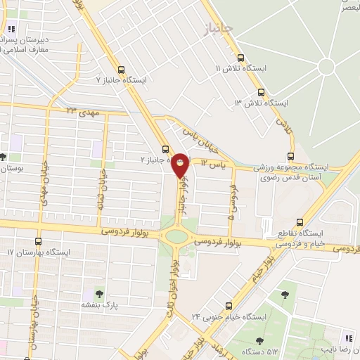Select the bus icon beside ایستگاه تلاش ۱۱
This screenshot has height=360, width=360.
click(240, 58)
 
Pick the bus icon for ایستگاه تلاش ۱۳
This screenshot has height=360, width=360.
click(261, 92)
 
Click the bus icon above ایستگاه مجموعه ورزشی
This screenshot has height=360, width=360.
click(291, 157)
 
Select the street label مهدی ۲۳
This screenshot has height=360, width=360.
click(84, 112)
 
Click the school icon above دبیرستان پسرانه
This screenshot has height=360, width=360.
click(12, 30)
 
